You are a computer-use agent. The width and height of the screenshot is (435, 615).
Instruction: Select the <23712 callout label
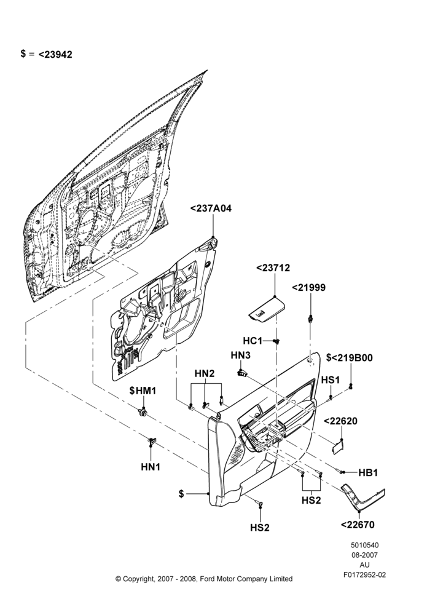[x=273, y=268]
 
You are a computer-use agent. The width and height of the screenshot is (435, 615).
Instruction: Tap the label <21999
[x=309, y=287]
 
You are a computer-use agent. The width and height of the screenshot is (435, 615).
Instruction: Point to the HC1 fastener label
[x=253, y=341]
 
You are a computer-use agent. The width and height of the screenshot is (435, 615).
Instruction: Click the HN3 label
[x=241, y=355]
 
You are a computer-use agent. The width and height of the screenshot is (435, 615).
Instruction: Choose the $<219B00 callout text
[x=350, y=358]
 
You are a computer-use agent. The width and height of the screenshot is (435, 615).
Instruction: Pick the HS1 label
[x=331, y=380]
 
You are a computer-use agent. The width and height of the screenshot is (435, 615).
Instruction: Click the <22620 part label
[x=340, y=421]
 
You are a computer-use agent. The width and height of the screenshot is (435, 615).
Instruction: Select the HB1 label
[x=369, y=473]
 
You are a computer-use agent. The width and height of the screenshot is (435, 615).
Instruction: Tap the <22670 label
[x=358, y=525]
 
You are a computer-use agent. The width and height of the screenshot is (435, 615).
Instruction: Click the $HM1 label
[x=143, y=391]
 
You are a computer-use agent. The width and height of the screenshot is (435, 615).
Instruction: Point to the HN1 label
[x=151, y=467]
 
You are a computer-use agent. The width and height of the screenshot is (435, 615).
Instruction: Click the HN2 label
[x=205, y=373]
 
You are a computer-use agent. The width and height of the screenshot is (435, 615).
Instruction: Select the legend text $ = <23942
[x=47, y=54]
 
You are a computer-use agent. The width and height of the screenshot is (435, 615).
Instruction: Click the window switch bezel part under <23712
[x=266, y=309]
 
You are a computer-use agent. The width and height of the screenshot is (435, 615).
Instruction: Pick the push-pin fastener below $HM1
[x=143, y=412]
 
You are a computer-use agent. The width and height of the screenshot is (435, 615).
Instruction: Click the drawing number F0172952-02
[x=364, y=574]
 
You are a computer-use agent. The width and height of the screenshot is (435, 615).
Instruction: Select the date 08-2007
[x=364, y=555]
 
